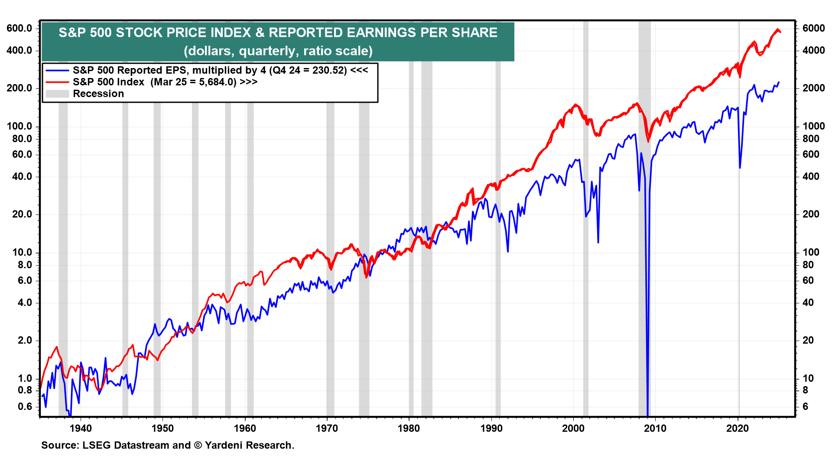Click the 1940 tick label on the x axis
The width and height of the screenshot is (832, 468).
81,428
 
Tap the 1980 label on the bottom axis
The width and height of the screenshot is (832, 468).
409,428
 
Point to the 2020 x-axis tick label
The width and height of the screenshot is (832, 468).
737,428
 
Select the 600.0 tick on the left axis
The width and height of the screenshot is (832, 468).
19,28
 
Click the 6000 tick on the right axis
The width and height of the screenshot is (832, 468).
813,28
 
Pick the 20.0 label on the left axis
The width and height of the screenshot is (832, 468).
22,214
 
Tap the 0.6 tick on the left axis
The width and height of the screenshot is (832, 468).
25,406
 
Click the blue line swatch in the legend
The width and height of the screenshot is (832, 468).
57,70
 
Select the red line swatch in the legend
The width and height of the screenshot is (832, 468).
57,82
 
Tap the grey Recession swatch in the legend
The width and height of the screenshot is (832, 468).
57,94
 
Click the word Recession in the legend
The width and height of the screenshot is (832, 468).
98,94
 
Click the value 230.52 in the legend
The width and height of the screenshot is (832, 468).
329,70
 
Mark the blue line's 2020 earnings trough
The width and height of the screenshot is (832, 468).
740,168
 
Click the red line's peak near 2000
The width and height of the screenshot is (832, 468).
575,104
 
